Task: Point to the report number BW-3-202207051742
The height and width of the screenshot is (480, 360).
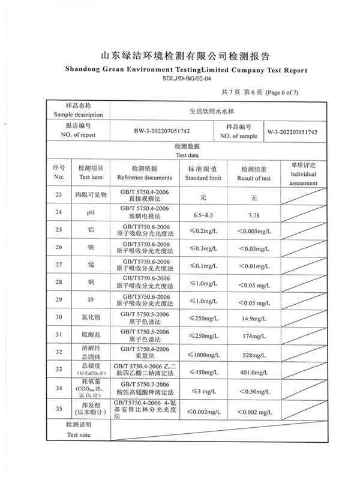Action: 162,131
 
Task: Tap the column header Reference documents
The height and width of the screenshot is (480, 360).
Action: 144,178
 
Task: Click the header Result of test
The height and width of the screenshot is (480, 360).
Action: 253,178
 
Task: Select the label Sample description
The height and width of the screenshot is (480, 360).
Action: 78,115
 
